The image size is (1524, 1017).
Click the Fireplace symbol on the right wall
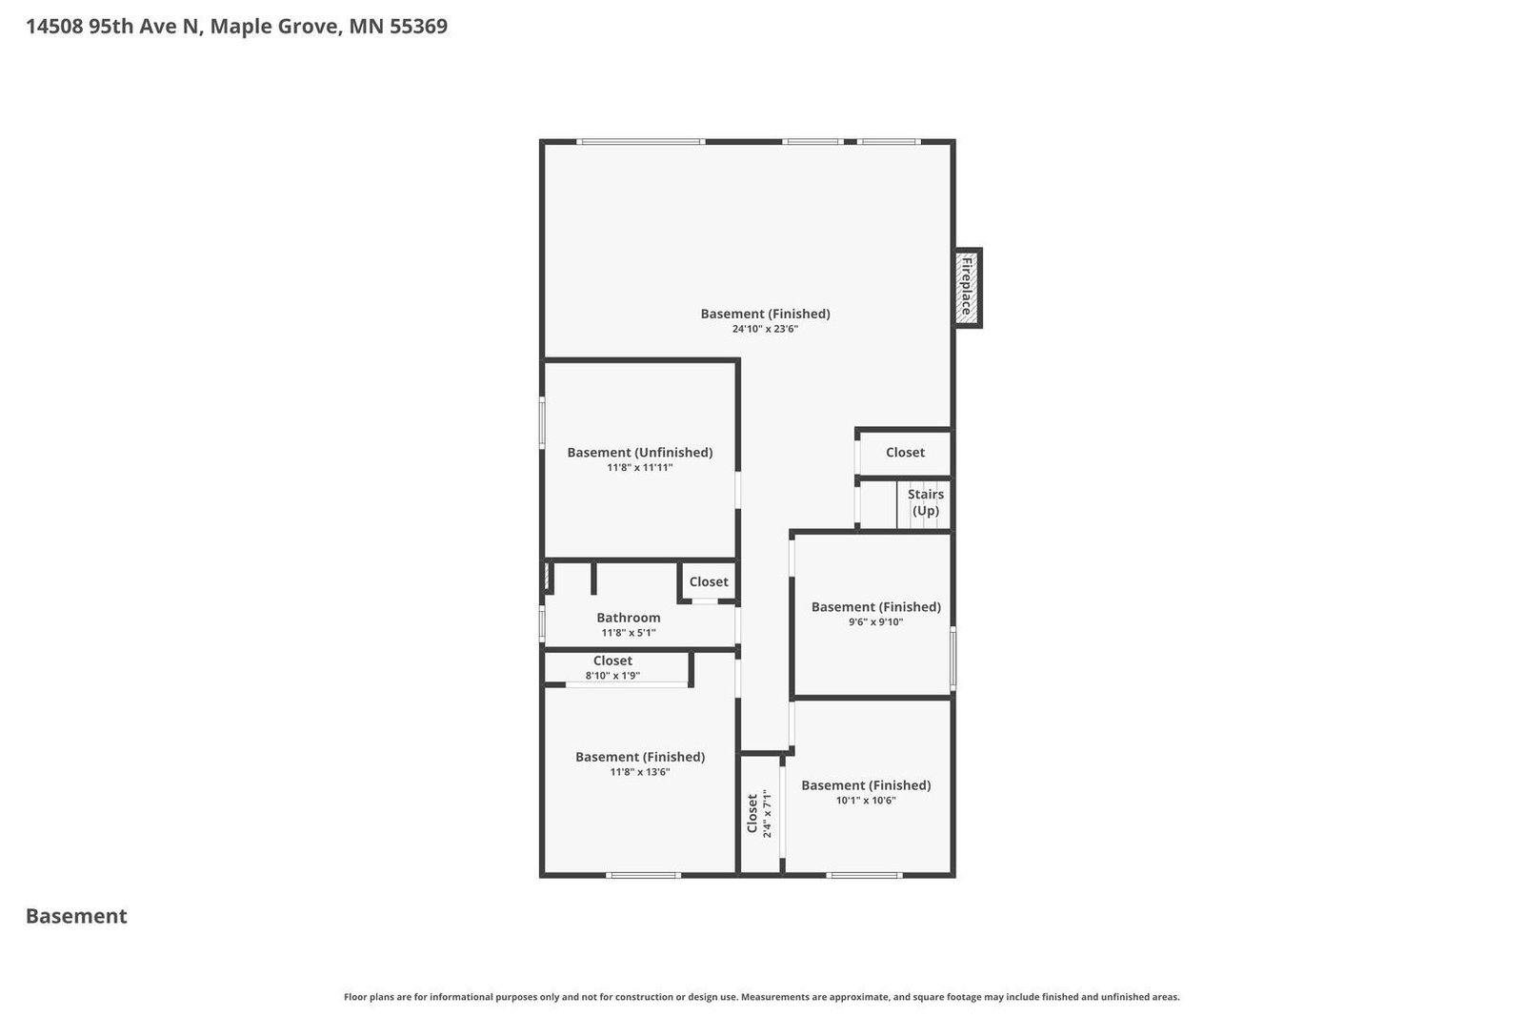point(968,287)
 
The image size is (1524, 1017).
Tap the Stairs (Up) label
point(925,502)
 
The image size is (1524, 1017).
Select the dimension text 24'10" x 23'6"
point(765,329)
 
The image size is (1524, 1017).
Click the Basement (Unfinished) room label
point(639,452)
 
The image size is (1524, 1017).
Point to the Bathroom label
point(628,618)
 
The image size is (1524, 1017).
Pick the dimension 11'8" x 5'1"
point(628,633)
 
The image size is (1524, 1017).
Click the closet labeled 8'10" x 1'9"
point(613,667)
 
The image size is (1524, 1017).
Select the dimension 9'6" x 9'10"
point(875,621)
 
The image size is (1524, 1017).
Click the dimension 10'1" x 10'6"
point(866,801)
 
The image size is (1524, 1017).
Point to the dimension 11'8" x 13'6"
point(639,772)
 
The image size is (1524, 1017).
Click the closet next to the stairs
point(904,453)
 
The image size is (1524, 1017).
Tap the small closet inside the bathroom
point(708,581)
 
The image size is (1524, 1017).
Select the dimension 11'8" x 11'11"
point(639,467)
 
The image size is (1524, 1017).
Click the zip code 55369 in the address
point(416,27)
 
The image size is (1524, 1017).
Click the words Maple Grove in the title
point(273,27)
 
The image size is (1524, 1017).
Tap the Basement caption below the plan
point(76,916)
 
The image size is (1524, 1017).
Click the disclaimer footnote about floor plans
point(761,997)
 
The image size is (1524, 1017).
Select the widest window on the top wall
point(641,142)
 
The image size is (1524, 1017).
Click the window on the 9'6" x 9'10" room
point(952,658)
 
